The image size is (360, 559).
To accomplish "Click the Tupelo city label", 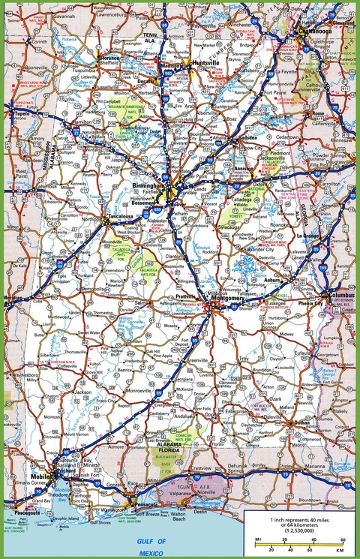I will pyautogui.click(x=21, y=113).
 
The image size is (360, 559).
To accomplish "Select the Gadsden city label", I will pyautogui.click(x=247, y=140).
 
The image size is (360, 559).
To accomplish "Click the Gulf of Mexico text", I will pyautogui.click(x=149, y=545).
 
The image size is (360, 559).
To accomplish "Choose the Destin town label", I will pyautogui.click(x=201, y=512).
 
